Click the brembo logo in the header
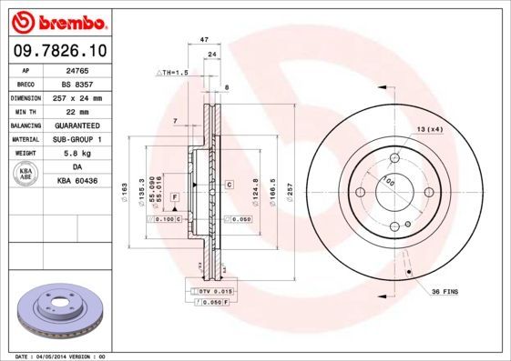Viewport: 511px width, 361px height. click(x=56, y=20)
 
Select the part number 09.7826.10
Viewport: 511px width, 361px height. click(x=56, y=51)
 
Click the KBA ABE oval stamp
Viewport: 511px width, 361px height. click(x=26, y=175)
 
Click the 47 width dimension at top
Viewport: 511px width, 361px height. click(x=204, y=40)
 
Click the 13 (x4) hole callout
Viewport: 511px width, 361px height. click(x=430, y=129)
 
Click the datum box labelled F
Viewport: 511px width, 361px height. click(x=174, y=197)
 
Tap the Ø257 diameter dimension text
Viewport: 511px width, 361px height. click(x=290, y=192)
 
